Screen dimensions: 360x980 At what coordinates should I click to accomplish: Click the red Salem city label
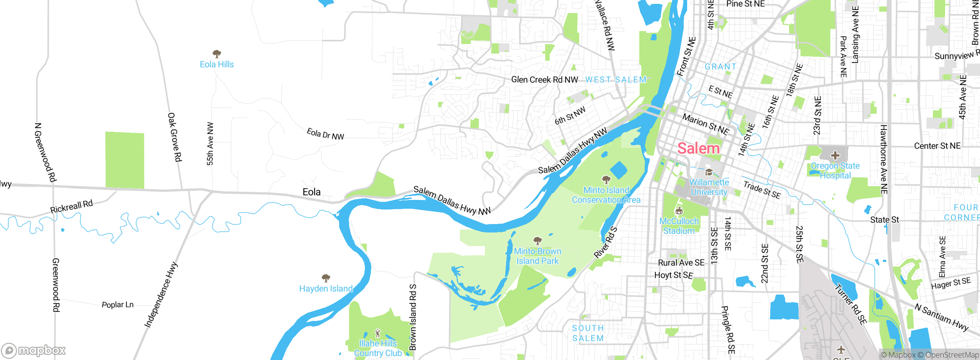point(698,149)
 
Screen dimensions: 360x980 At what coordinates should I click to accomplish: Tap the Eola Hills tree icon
point(217,54)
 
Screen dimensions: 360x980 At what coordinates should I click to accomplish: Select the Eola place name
point(311,192)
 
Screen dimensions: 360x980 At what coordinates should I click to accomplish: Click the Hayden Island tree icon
point(326,278)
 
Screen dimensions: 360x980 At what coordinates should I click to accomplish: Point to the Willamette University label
point(709,187)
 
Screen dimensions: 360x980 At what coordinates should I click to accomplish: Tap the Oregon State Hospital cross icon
point(835,155)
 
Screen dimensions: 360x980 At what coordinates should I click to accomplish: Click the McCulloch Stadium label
point(679,226)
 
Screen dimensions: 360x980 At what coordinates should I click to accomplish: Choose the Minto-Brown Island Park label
point(537,256)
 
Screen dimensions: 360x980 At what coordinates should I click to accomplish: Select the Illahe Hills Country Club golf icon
point(377,332)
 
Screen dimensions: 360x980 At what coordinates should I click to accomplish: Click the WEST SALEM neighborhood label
point(616,80)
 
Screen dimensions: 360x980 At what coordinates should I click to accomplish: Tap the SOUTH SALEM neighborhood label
point(588,333)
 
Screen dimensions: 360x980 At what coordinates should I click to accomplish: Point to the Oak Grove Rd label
point(175,137)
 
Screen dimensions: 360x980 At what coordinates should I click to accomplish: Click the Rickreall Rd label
point(72,206)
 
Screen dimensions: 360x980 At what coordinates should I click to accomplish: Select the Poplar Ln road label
point(118,305)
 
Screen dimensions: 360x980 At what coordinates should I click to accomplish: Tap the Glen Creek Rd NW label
point(544,80)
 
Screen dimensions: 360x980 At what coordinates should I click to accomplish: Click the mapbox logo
point(34,350)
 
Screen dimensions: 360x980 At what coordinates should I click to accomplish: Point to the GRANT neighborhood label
point(720,67)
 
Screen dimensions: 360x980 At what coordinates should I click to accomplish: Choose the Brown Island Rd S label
point(413,317)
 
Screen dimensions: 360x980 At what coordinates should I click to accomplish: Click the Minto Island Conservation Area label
point(606,195)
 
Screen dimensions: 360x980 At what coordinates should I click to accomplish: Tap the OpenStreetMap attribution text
point(952,355)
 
